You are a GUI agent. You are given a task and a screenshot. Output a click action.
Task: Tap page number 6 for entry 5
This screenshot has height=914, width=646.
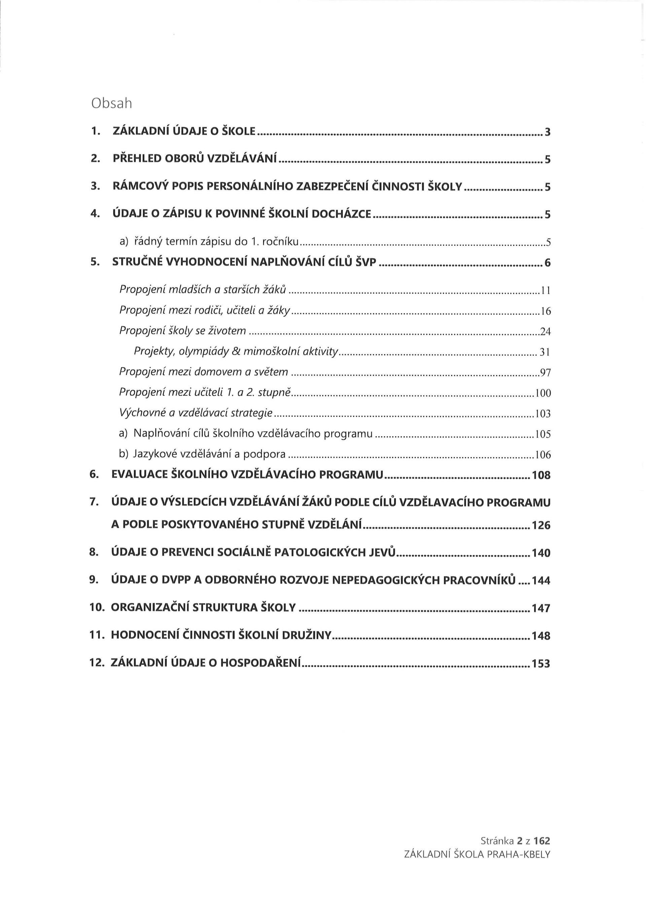click(x=547, y=263)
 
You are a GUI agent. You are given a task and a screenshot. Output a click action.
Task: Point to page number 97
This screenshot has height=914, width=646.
click(x=545, y=373)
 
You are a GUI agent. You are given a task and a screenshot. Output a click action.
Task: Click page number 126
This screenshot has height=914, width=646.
click(x=541, y=526)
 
